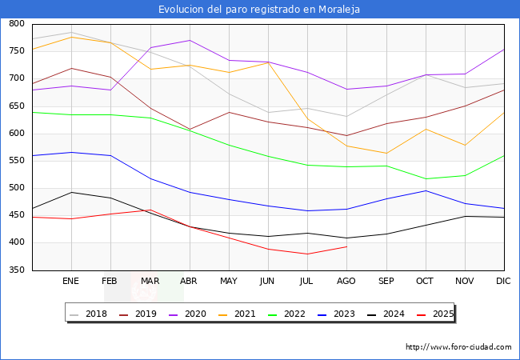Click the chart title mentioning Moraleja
259,10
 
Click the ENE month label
71,282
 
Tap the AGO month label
346,282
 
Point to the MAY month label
229,282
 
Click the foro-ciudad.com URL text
458,347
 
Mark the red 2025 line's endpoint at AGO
346,246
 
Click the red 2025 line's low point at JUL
307,254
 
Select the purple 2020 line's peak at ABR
190,40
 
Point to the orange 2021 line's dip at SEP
386,153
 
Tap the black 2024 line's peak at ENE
72,192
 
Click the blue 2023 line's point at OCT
426,190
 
